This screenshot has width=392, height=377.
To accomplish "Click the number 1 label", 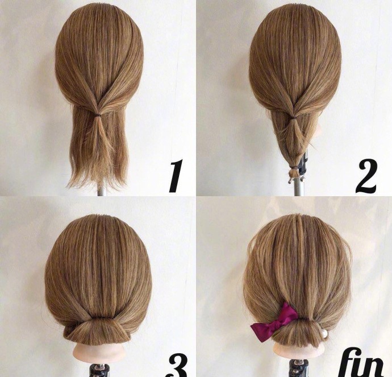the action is coord(175,176).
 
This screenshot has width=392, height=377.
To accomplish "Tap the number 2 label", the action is coord(366,176).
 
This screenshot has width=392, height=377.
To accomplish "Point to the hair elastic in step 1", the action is coord(98,115).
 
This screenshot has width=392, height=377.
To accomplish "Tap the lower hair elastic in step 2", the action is coord(294,167).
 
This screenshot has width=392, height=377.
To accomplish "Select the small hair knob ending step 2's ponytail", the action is coord(293,173).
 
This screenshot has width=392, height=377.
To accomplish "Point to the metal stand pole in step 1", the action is coord(101,191).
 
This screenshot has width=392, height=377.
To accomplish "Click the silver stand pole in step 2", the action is coord(297,187).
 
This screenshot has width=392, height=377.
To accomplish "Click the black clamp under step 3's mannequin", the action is coord(99,370).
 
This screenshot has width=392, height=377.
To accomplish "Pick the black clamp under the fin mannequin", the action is coord(298,368).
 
